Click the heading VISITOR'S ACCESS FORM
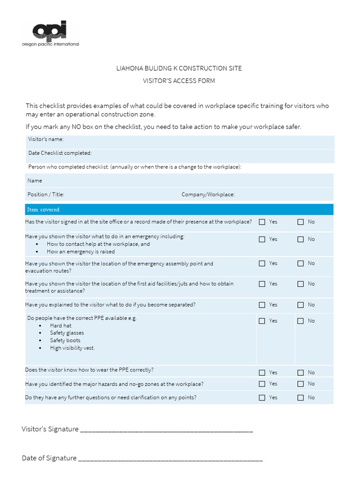pyautogui.click(x=179, y=81)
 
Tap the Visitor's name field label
pyautogui.click(x=46, y=139)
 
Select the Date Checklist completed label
pyautogui.click(x=60, y=153)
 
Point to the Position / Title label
pyautogui.click(x=46, y=195)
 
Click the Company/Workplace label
pyautogui.click(x=208, y=195)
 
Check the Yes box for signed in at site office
pyautogui.click(x=262, y=222)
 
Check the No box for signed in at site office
pyautogui.click(x=300, y=222)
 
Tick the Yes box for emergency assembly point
pyautogui.click(x=262, y=263)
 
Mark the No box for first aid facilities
pyautogui.click(x=300, y=284)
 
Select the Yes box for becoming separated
pyautogui.click(x=262, y=305)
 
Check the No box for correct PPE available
pyautogui.click(x=300, y=321)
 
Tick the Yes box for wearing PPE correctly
pyautogui.click(x=262, y=373)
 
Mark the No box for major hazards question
pyautogui.click(x=300, y=384)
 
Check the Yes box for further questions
pyautogui.click(x=262, y=398)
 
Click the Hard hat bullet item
pyautogui.click(x=61, y=325)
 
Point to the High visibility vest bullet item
pyautogui.click(x=72, y=348)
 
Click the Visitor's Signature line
pyautogui.click(x=166, y=429)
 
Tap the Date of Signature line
pyautogui.click(x=170, y=458)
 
